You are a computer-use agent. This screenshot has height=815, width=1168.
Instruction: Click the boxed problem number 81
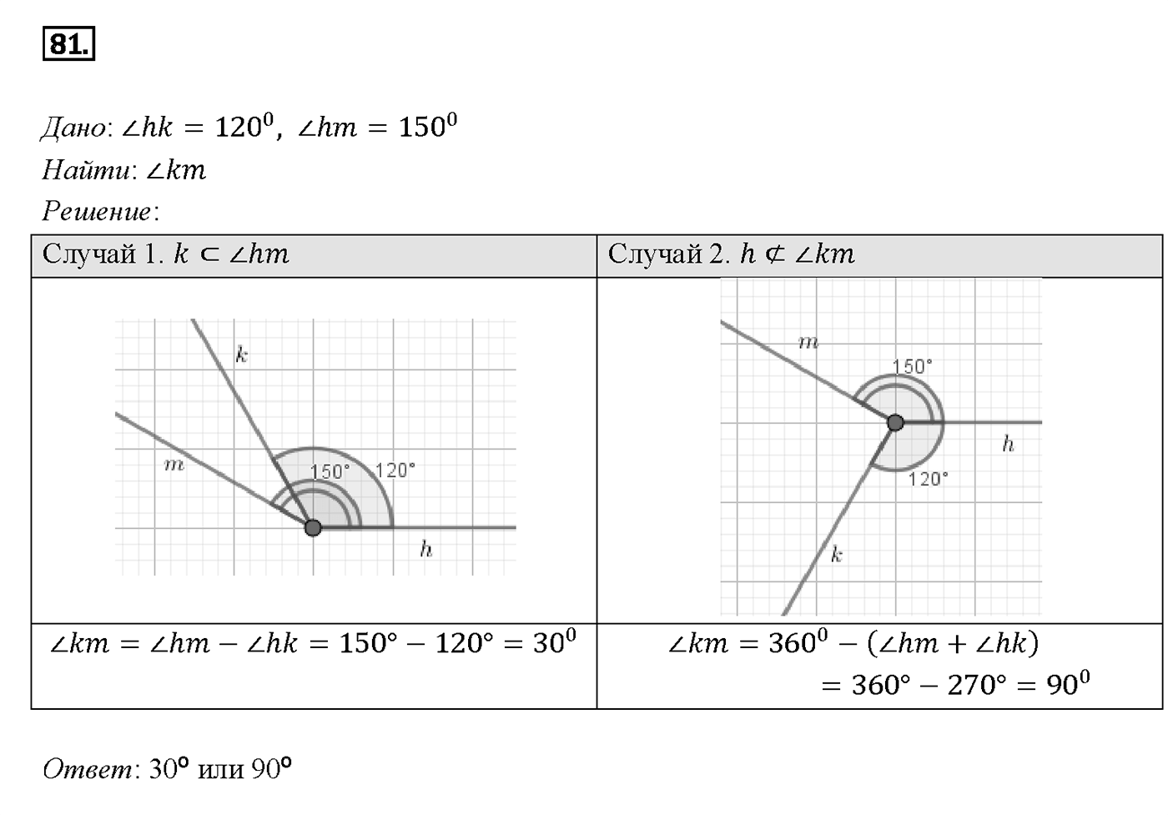coord(68,43)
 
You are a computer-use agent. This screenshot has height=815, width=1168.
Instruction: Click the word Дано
coord(73,128)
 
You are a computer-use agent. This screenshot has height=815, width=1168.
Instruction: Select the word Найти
coord(86,170)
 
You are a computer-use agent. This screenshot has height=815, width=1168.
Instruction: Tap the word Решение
coord(97,211)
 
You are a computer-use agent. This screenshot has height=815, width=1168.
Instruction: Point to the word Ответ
coord(87,768)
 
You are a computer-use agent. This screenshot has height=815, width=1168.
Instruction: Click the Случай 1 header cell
coord(314,256)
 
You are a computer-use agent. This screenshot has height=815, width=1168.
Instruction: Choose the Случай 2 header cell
coord(879,256)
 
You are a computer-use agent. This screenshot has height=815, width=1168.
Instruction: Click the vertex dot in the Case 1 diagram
coord(313,528)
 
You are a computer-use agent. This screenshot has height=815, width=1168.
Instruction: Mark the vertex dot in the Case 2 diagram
coord(895,422)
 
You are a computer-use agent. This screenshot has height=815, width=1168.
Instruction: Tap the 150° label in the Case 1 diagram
coord(330,472)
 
